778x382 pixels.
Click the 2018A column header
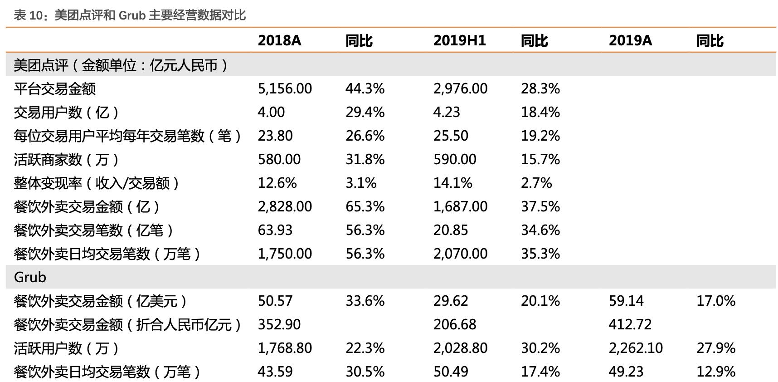click(x=279, y=41)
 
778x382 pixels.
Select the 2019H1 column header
click(x=459, y=41)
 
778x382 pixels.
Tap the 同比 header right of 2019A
click(x=710, y=41)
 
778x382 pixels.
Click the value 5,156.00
click(x=285, y=88)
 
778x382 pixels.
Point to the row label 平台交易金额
click(x=55, y=88)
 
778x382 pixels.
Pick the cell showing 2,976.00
click(x=460, y=88)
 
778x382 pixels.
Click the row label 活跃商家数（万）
click(x=67, y=159)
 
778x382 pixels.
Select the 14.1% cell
click(x=452, y=183)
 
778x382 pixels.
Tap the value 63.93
click(x=275, y=230)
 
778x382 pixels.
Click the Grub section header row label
click(x=30, y=277)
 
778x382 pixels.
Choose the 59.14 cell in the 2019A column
click(x=626, y=301)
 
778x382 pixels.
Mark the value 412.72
click(x=630, y=324)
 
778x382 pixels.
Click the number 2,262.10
click(x=636, y=348)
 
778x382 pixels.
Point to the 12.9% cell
click(x=716, y=372)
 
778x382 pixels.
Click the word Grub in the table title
click(x=132, y=15)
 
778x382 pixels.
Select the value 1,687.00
click(x=460, y=206)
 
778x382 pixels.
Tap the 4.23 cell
click(x=447, y=112)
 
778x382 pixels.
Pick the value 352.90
click(x=279, y=324)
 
